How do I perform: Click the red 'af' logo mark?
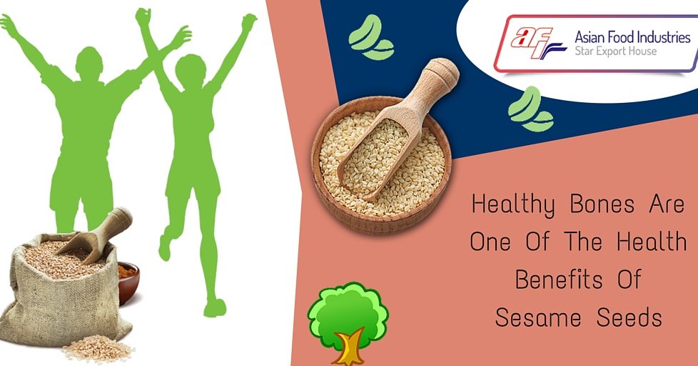tap(537, 43)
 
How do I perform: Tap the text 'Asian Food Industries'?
tap(632, 36)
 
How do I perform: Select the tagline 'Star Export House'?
tap(616, 51)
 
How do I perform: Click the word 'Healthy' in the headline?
tap(513, 205)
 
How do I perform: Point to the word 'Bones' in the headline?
tap(602, 204)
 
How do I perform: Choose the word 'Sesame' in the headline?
tap(538, 318)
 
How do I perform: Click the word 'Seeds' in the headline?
tap(629, 318)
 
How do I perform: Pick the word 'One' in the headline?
tap(490, 242)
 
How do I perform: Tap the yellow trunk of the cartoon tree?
tap(348, 347)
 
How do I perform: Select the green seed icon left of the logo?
tap(371, 37)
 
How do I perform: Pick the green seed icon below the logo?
tap(530, 109)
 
